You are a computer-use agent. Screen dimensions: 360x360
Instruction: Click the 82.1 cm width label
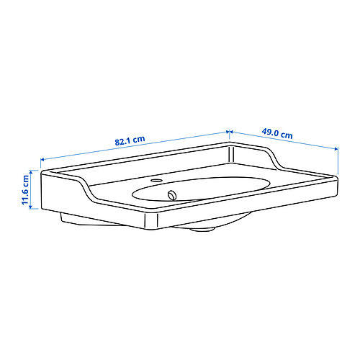[x=130, y=140]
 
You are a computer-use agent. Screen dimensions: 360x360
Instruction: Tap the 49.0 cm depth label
[x=277, y=133]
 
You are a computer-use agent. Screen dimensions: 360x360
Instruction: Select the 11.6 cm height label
[x=25, y=190]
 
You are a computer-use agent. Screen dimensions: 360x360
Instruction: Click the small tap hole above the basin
[x=157, y=180]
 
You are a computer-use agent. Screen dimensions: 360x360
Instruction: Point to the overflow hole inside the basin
[x=172, y=195]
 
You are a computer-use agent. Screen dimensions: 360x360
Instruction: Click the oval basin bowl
[x=201, y=189]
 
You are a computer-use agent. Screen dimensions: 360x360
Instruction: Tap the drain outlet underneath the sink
[x=202, y=229]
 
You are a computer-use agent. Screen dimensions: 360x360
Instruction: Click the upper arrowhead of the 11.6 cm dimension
[x=30, y=171]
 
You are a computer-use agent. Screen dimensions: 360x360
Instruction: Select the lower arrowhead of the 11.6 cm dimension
[x=30, y=207]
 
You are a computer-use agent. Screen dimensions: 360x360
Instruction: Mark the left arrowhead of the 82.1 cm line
[x=42, y=159]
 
